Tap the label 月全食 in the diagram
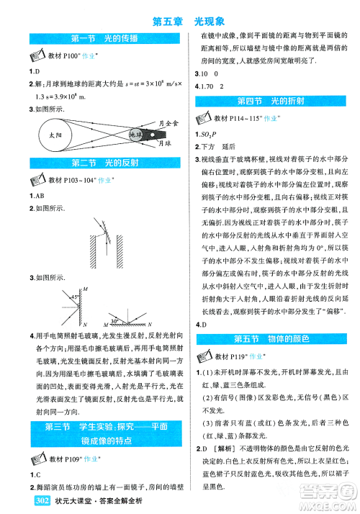tap(167, 124)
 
